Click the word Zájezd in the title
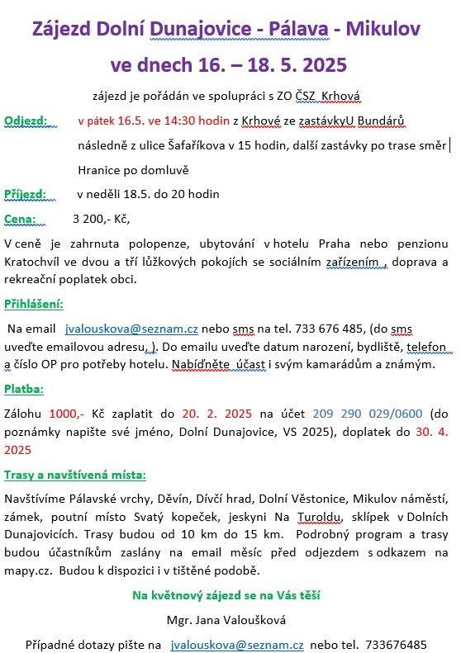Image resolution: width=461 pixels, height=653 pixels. coord(62,31)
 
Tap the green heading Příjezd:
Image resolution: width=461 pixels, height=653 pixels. coord(26,194)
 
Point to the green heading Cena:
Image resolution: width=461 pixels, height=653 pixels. coord(21,219)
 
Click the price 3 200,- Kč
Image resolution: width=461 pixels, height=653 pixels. coord(101,219)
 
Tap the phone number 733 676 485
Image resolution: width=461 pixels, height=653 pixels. coord(311,328)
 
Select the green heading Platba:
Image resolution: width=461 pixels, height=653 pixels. coord(25,388)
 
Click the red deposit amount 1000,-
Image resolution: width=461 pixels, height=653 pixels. coord(67,414)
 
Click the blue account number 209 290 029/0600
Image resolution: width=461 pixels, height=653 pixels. coord(378,414)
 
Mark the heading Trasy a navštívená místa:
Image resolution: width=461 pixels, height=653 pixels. coord(75,475)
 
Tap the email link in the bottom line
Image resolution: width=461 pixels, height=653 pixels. coord(237,644)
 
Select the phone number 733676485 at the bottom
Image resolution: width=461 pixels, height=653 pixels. coord(397,644)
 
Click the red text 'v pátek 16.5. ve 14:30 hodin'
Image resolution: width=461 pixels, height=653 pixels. coord(153,121)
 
